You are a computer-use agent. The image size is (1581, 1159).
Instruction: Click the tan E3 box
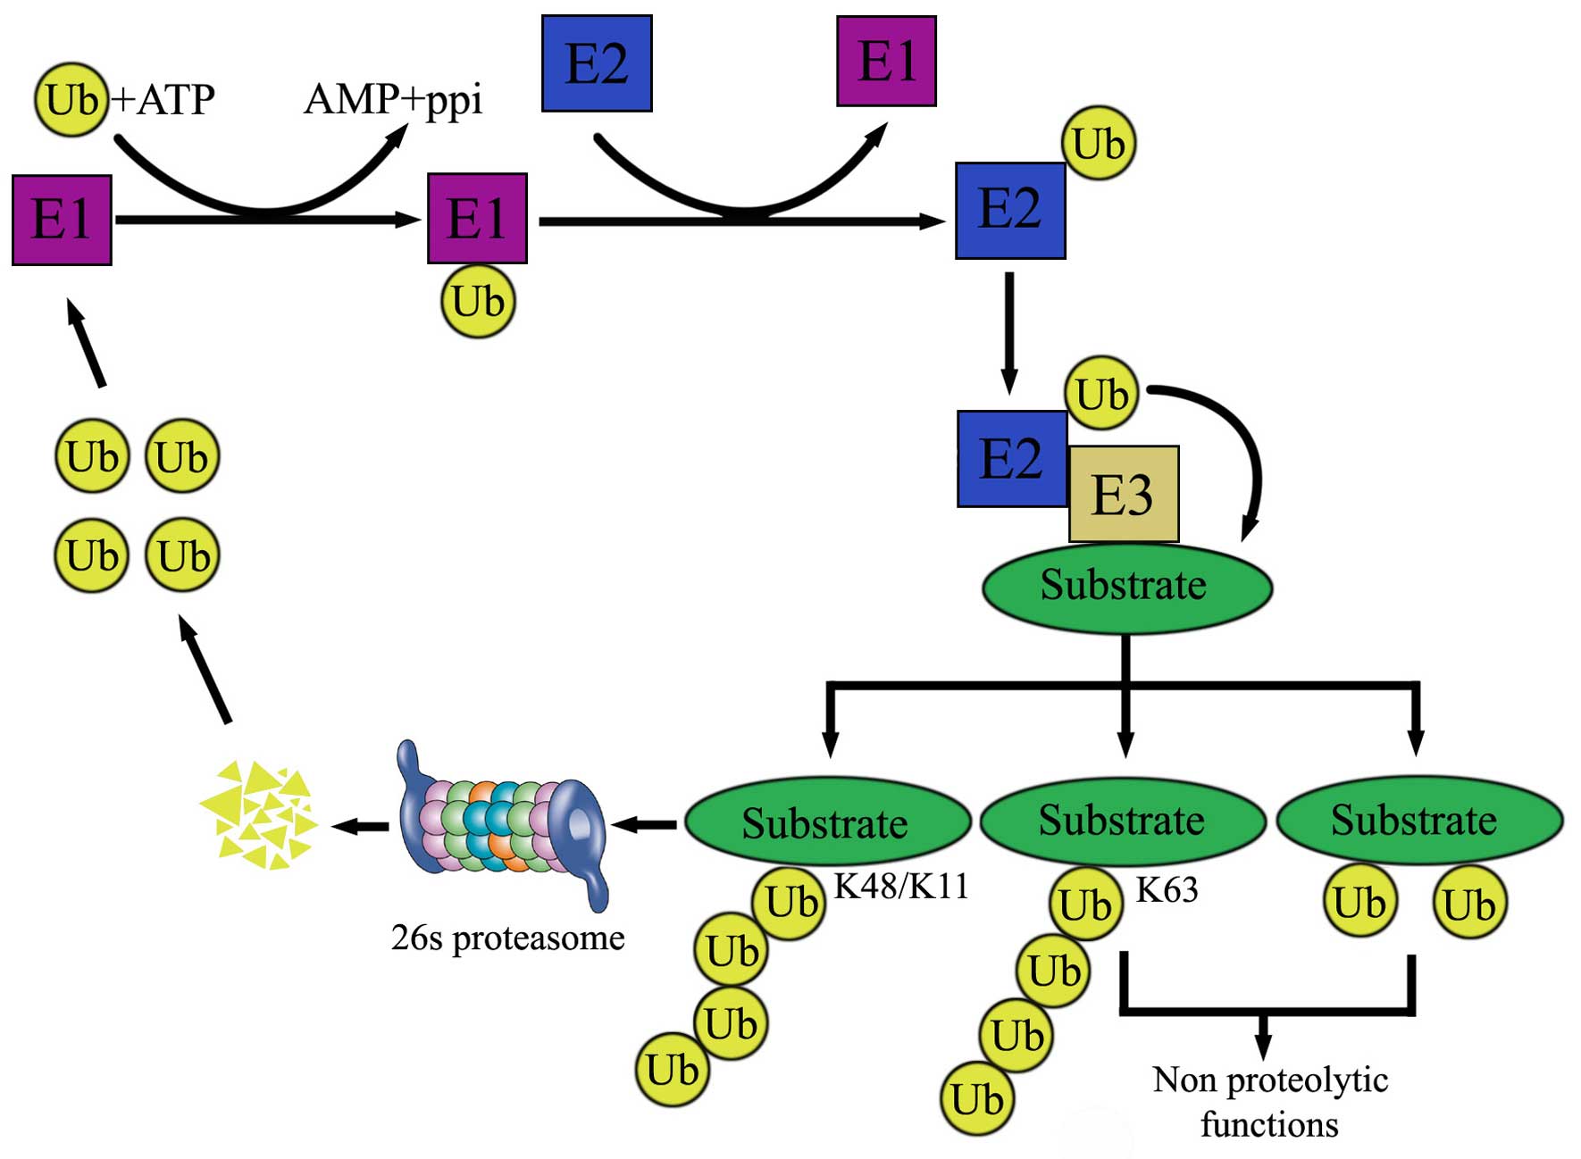[1124, 494]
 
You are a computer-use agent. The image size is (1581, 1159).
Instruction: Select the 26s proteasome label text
[507, 938]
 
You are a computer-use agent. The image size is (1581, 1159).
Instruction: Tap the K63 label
[1167, 890]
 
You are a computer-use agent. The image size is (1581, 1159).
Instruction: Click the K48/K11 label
[900, 886]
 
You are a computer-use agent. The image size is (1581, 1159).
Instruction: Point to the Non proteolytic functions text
[1269, 1102]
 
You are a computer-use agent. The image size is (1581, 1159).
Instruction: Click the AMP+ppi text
[393, 99]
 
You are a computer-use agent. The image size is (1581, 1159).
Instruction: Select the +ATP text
[163, 99]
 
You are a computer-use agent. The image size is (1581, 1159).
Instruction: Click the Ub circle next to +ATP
[71, 99]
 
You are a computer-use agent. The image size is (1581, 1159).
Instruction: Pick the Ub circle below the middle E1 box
[479, 301]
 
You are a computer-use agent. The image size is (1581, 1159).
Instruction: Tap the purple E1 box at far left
[62, 220]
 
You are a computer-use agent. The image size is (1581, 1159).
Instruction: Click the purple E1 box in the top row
[886, 61]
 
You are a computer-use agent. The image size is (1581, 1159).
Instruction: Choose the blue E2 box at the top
[597, 63]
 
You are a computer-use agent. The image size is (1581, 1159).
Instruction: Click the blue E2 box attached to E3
[1012, 459]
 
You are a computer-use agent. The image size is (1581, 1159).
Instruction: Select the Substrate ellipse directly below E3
[1126, 587]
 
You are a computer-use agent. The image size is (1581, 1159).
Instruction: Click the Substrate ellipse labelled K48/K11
[827, 821]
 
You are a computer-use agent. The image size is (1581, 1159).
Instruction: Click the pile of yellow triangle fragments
[259, 814]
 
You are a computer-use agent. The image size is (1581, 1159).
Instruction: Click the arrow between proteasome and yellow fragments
[361, 826]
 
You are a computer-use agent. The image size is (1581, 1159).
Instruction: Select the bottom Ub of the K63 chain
[977, 1099]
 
